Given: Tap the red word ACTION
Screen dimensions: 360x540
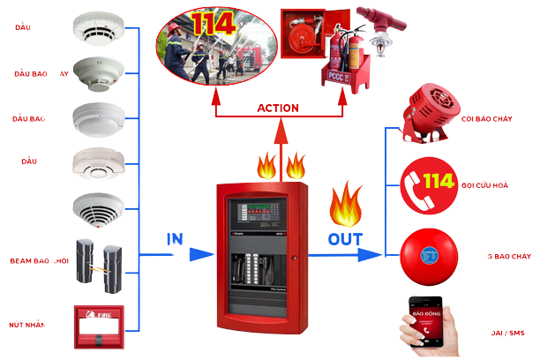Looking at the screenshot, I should pos(278,108).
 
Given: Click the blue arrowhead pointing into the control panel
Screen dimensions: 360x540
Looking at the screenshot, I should pos(202,254).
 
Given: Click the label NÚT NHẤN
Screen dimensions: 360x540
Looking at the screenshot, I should pos(30,325).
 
